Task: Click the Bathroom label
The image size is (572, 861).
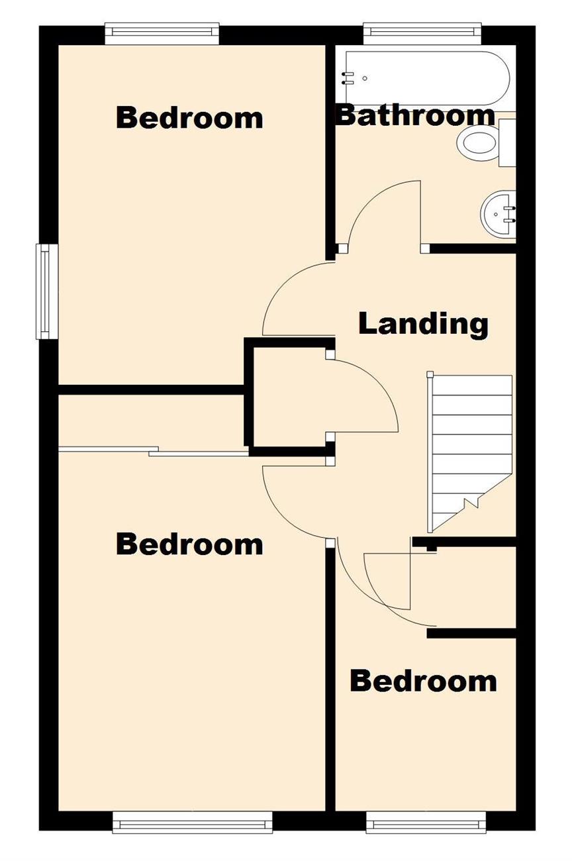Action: click(415, 115)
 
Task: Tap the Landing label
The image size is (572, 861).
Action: click(423, 324)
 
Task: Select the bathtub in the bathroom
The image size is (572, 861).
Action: click(427, 78)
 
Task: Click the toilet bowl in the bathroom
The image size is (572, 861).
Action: click(478, 143)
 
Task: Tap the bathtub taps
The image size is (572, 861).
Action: click(348, 77)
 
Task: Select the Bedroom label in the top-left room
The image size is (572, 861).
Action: click(189, 118)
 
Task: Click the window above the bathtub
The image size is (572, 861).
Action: click(422, 34)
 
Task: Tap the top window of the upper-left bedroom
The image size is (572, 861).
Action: click(162, 34)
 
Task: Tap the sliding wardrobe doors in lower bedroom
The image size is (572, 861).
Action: click(154, 452)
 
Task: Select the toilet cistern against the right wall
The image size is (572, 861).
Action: click(507, 142)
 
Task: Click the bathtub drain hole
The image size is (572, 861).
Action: click(365, 78)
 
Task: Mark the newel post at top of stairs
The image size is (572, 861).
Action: click(430, 374)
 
